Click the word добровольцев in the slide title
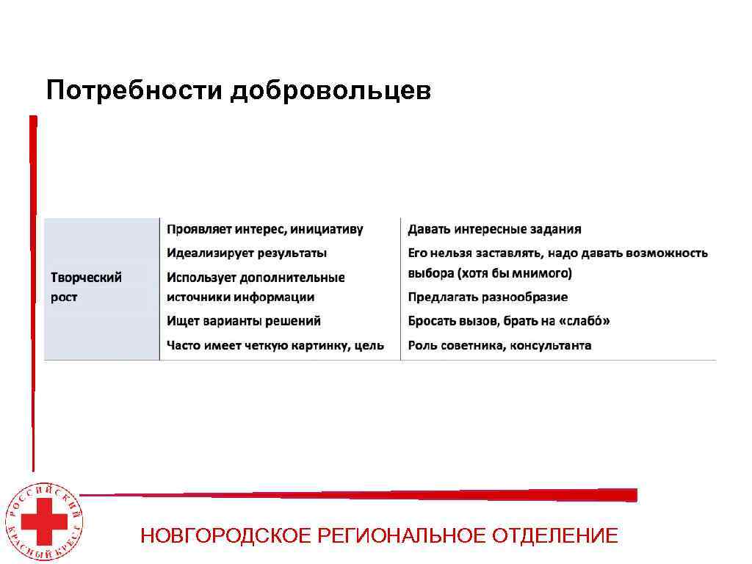(330, 90)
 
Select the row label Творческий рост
(86, 287)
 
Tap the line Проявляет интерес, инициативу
(264, 230)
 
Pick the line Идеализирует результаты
(247, 253)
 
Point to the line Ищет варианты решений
(243, 321)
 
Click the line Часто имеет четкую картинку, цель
(275, 345)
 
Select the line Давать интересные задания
(494, 230)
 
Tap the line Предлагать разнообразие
(488, 297)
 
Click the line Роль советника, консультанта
(499, 345)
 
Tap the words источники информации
(240, 297)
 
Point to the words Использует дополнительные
(255, 278)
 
